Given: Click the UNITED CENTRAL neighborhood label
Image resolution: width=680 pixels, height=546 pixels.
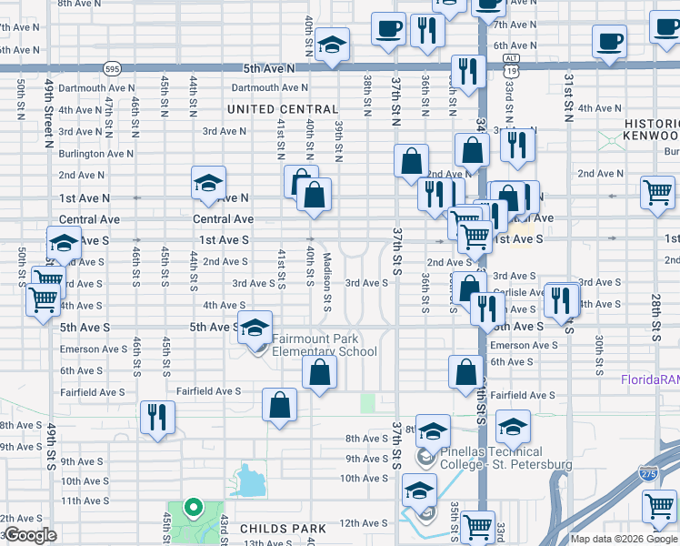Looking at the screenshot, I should (x=282, y=109).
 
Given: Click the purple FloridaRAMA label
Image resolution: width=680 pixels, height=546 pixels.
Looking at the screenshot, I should (x=649, y=379).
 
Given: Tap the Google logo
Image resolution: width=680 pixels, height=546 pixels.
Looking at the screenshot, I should (x=29, y=535).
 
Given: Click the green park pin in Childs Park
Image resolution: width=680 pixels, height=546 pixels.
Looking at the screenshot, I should (x=192, y=508).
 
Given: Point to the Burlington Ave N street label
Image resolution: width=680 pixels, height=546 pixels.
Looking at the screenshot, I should (x=95, y=154).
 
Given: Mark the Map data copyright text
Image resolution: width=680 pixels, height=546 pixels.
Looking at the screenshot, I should (x=623, y=539).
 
